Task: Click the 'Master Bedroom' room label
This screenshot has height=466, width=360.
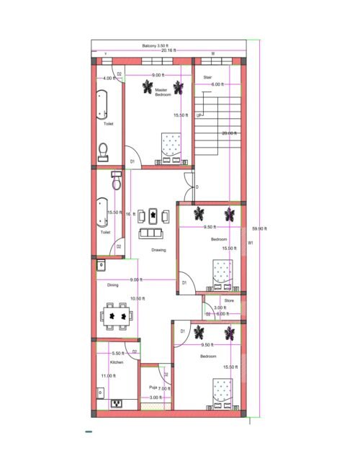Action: tap(162, 92)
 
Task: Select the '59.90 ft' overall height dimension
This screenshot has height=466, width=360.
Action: tap(259, 228)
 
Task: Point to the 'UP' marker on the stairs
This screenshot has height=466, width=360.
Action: tap(199, 115)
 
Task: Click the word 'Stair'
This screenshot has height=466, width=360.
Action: tap(207, 76)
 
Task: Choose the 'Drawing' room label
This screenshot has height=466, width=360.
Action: tap(158, 250)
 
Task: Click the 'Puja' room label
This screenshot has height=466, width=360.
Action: tap(153, 387)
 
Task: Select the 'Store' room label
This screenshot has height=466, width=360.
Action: tap(229, 300)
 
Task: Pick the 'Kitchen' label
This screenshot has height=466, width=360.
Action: tap(117, 362)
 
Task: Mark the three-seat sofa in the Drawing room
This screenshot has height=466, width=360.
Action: tap(150, 233)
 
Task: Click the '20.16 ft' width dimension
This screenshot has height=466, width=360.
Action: tap(170, 51)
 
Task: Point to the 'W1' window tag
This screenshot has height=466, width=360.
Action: tap(251, 243)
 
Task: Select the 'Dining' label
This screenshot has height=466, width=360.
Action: tap(113, 285)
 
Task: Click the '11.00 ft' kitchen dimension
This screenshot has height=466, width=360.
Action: tap(108, 376)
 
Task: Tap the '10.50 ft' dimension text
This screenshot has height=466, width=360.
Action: tap(137, 298)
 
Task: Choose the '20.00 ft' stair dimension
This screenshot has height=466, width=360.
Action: tap(229, 133)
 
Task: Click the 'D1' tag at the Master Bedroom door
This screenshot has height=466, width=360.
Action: tap(132, 161)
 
